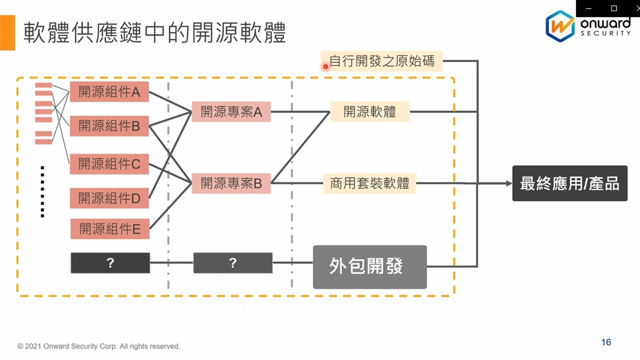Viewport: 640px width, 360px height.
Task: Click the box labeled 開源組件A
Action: pyautogui.click(x=109, y=92)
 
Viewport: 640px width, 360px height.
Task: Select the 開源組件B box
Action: pyautogui.click(x=109, y=125)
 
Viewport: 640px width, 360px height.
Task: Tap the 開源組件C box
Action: pyautogui.click(x=109, y=163)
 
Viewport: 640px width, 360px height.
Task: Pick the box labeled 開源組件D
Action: pyautogui.click(x=109, y=198)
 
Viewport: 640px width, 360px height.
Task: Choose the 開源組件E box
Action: pyautogui.click(x=109, y=229)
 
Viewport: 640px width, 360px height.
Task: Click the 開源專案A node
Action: pyautogui.click(x=231, y=111)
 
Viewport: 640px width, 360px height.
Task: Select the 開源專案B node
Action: pyautogui.click(x=231, y=183)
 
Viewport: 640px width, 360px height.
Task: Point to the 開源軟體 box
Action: pyautogui.click(x=369, y=111)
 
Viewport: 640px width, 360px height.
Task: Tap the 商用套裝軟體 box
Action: pyautogui.click(x=369, y=183)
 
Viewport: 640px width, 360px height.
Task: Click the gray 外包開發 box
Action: pyautogui.click(x=369, y=266)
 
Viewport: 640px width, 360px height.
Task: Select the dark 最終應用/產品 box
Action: pyautogui.click(x=569, y=183)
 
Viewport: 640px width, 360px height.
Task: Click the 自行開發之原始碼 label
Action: pyautogui.click(x=382, y=61)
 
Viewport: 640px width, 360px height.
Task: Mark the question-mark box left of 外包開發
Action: pyautogui.click(x=232, y=263)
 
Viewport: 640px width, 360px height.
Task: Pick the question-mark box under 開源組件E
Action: pyautogui.click(x=110, y=263)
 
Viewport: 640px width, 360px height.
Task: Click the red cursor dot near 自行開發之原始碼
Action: pyautogui.click(x=325, y=66)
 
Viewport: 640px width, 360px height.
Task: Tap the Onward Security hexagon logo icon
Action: pyautogui.click(x=560, y=26)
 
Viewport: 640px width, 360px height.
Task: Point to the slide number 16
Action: pyautogui.click(x=606, y=342)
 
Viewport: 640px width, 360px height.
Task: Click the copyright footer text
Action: pyautogui.click(x=98, y=346)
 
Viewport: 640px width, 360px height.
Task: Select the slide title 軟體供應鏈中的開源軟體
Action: pyautogui.click(x=154, y=33)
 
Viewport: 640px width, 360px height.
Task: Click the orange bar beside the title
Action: pyautogui.click(x=7, y=33)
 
